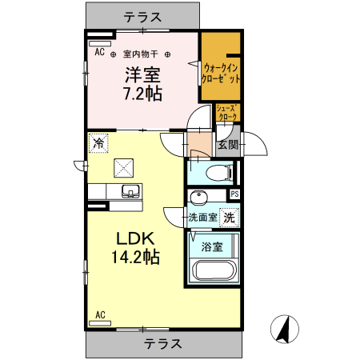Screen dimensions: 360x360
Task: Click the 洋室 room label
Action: point(142,77)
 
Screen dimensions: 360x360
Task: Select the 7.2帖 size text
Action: point(142,94)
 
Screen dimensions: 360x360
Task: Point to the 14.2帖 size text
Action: point(136,258)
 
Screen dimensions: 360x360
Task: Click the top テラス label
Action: point(142,15)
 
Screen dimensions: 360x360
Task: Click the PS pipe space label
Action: point(234,194)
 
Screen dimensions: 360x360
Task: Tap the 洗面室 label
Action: point(203,217)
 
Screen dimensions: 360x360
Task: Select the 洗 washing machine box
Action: point(230,217)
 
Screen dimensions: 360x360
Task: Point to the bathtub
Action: point(212,271)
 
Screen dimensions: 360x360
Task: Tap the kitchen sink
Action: point(130,191)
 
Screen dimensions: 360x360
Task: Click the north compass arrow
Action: point(283,328)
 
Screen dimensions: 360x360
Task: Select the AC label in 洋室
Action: point(100,53)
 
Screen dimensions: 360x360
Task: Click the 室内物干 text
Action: point(141,54)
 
